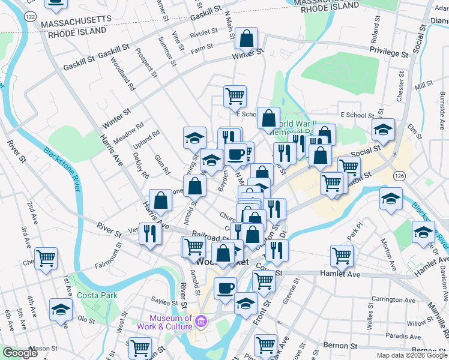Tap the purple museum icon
pyautogui.click(x=201, y=323)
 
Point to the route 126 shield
pyautogui.click(x=399, y=175)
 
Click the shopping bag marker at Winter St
pyautogui.click(x=247, y=40)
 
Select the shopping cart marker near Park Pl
pyautogui.click(x=342, y=256)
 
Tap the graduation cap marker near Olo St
pyautogui.click(x=61, y=310)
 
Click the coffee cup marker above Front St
pyautogui.click(x=226, y=289)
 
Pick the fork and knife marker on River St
pyautogui.click(x=150, y=233)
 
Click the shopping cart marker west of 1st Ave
pyautogui.click(x=46, y=259)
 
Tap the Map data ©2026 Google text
pyautogui.click(x=412, y=355)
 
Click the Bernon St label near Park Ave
pyautogui.click(x=340, y=346)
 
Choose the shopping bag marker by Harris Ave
pyautogui.click(x=161, y=200)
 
